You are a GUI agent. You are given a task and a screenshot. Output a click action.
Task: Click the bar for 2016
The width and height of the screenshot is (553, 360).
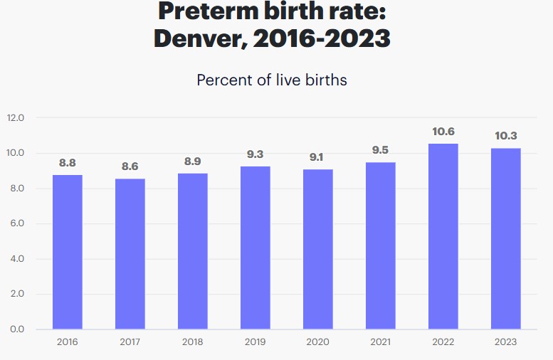[68, 252]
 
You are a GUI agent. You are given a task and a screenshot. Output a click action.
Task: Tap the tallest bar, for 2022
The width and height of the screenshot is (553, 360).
[443, 236]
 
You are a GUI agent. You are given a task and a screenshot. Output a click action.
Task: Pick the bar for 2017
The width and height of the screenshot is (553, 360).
[130, 254]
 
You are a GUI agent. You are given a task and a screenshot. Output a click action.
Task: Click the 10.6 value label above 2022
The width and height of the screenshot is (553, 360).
[443, 132]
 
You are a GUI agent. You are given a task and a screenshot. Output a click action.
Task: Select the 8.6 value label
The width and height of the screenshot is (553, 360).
[130, 166]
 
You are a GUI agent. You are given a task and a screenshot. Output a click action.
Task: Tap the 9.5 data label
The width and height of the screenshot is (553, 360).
[380, 150]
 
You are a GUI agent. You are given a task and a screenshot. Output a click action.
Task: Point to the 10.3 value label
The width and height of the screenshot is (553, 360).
[505, 136]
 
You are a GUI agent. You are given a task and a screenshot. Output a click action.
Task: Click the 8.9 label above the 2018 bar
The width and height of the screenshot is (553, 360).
[192, 162]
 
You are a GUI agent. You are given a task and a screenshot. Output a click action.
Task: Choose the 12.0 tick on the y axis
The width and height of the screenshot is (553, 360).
[16, 118]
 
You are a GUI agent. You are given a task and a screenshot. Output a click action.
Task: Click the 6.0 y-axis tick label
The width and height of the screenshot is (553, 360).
[16, 223]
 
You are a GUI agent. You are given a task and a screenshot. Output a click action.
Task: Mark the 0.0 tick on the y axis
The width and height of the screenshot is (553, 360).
[16, 329]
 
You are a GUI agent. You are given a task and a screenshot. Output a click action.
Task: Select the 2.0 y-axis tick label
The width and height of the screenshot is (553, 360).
[16, 294]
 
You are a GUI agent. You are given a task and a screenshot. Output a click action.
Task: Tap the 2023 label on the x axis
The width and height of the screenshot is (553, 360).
[505, 342]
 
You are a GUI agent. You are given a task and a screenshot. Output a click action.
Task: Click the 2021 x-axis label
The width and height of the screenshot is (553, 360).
[380, 342]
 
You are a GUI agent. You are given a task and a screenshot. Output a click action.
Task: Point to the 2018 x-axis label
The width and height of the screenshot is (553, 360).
[192, 342]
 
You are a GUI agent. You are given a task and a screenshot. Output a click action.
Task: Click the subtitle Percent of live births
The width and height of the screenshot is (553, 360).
[272, 80]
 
